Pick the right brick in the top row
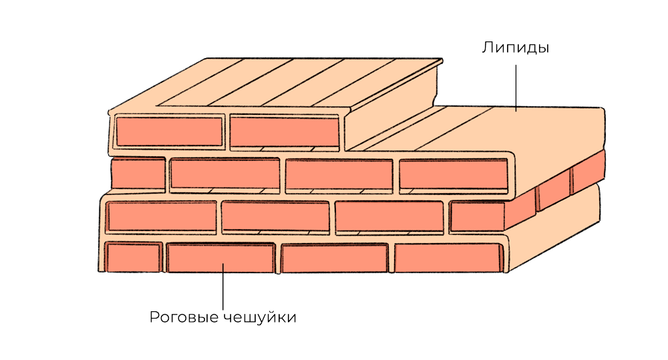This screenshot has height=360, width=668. pyautogui.click(x=284, y=131)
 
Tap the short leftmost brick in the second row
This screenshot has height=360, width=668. pyautogui.click(x=138, y=174)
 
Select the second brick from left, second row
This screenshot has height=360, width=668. pyautogui.click(x=224, y=174)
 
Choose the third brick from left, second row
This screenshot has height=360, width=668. pyautogui.click(x=339, y=175)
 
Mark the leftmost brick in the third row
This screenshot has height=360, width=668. pyautogui.click(x=161, y=216)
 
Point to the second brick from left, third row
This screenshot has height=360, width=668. pyautogui.click(x=275, y=216)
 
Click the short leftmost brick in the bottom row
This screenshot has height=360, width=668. pyautogui.click(x=133, y=257)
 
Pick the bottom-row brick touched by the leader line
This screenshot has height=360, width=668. pyautogui.click(x=221, y=258)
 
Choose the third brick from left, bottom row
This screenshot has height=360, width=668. pyautogui.click(x=335, y=258)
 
